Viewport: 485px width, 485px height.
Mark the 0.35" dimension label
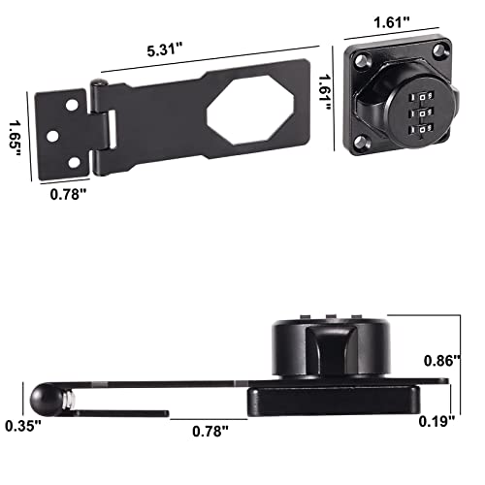point(17,425)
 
